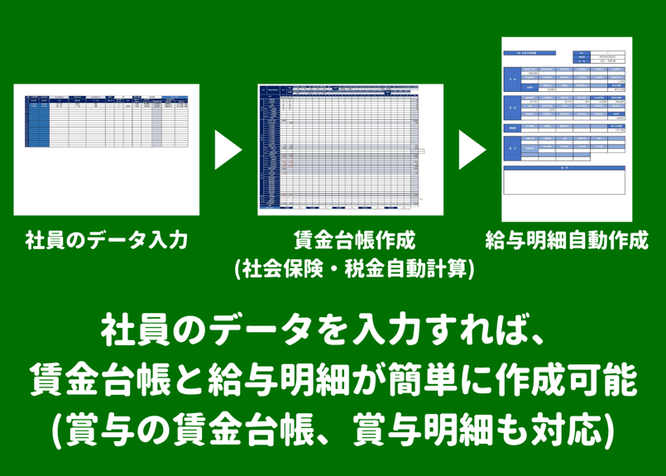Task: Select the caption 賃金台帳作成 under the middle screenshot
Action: (x=354, y=241)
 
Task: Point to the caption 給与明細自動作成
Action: (x=567, y=241)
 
